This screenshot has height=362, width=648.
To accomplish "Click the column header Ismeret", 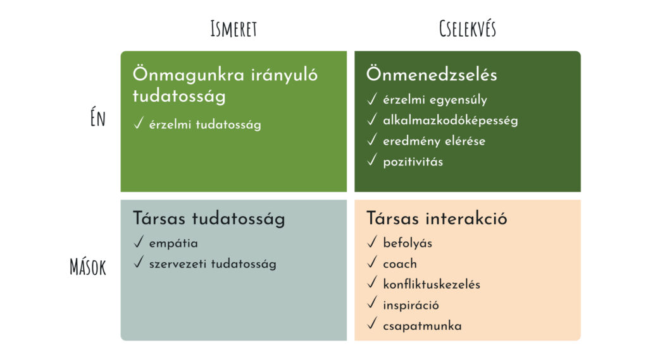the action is click(x=234, y=28).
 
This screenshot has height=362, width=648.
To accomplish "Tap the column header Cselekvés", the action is click(x=468, y=28).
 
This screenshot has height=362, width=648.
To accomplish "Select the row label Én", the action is click(x=98, y=118).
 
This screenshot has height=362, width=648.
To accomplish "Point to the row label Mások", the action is click(x=87, y=267).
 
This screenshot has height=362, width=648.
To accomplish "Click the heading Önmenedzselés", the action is click(x=432, y=75).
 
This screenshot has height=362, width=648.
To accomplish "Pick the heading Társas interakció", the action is click(x=437, y=218).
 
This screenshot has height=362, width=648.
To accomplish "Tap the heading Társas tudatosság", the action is click(x=209, y=219).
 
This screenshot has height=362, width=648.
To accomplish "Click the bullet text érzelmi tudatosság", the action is click(x=205, y=124).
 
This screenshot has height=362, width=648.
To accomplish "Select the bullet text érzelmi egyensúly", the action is click(x=435, y=100).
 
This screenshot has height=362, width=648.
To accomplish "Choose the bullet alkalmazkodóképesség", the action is click(x=451, y=121).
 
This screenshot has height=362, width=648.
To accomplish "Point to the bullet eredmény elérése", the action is click(x=434, y=141).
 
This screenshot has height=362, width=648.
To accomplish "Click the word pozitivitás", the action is click(x=413, y=161).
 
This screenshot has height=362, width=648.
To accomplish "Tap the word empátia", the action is click(x=173, y=243).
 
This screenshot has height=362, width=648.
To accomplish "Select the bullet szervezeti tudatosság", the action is click(x=213, y=263).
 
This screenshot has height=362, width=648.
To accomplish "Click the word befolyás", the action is click(x=408, y=243).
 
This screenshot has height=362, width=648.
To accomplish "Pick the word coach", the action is click(x=400, y=263).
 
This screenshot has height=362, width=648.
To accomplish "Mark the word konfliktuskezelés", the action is click(x=432, y=284).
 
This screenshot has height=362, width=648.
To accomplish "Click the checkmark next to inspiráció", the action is click(x=372, y=303).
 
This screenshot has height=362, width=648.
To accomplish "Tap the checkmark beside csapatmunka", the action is click(x=372, y=323).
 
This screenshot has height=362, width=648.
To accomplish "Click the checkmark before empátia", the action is click(x=139, y=241).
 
